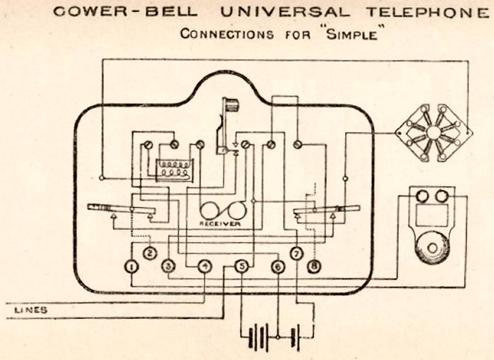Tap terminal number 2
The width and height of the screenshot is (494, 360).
[150, 253]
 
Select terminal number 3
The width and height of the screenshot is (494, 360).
[168, 266]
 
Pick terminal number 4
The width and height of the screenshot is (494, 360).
[205, 266]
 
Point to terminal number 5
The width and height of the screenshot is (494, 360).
[242, 266]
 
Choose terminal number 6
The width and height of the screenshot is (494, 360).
[278, 266]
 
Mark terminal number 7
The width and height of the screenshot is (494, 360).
[296, 253]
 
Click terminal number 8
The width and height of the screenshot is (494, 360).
[314, 266]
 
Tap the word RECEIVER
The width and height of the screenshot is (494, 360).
[219, 223]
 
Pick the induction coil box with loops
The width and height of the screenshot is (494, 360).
[174, 168]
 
